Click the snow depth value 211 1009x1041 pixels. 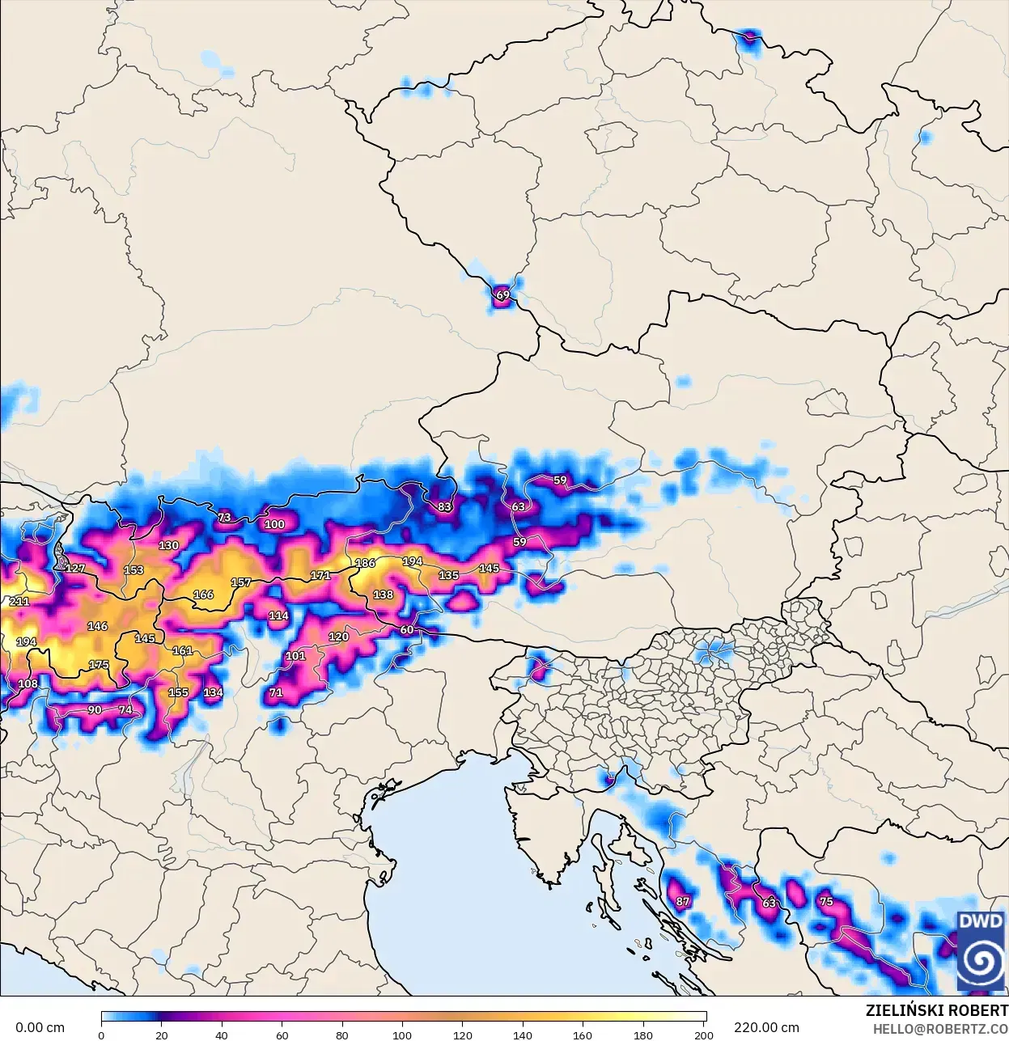[x=19, y=602]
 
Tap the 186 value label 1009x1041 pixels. [x=365, y=563]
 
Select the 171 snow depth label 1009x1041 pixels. [x=320, y=576]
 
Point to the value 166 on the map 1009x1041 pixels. [x=203, y=595]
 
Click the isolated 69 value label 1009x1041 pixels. [x=503, y=295]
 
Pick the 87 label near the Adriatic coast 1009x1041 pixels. [x=683, y=901]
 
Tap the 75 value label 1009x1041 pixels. [x=826, y=901]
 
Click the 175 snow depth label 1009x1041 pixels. [x=99, y=665]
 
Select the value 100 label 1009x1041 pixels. [x=274, y=524]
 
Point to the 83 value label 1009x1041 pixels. [x=444, y=507]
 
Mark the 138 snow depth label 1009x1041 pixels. [x=383, y=595]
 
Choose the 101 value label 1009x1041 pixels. [x=295, y=655]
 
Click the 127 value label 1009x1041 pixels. [x=75, y=569]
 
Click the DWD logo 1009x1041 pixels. [x=981, y=950]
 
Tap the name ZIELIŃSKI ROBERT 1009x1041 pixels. [x=936, y=1010]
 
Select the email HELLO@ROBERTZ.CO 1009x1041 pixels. [x=939, y=1029]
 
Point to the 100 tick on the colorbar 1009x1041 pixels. [x=402, y=1035]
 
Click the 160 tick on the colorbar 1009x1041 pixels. [x=583, y=1035]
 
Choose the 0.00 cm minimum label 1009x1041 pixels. [x=40, y=1028]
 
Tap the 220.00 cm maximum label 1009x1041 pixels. [x=766, y=1028]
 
